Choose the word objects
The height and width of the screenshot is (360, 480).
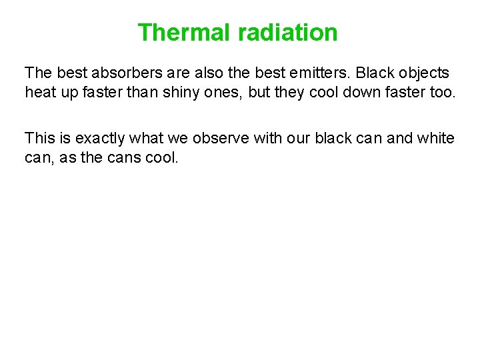[x=425, y=72]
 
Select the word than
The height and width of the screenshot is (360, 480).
[x=139, y=92]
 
